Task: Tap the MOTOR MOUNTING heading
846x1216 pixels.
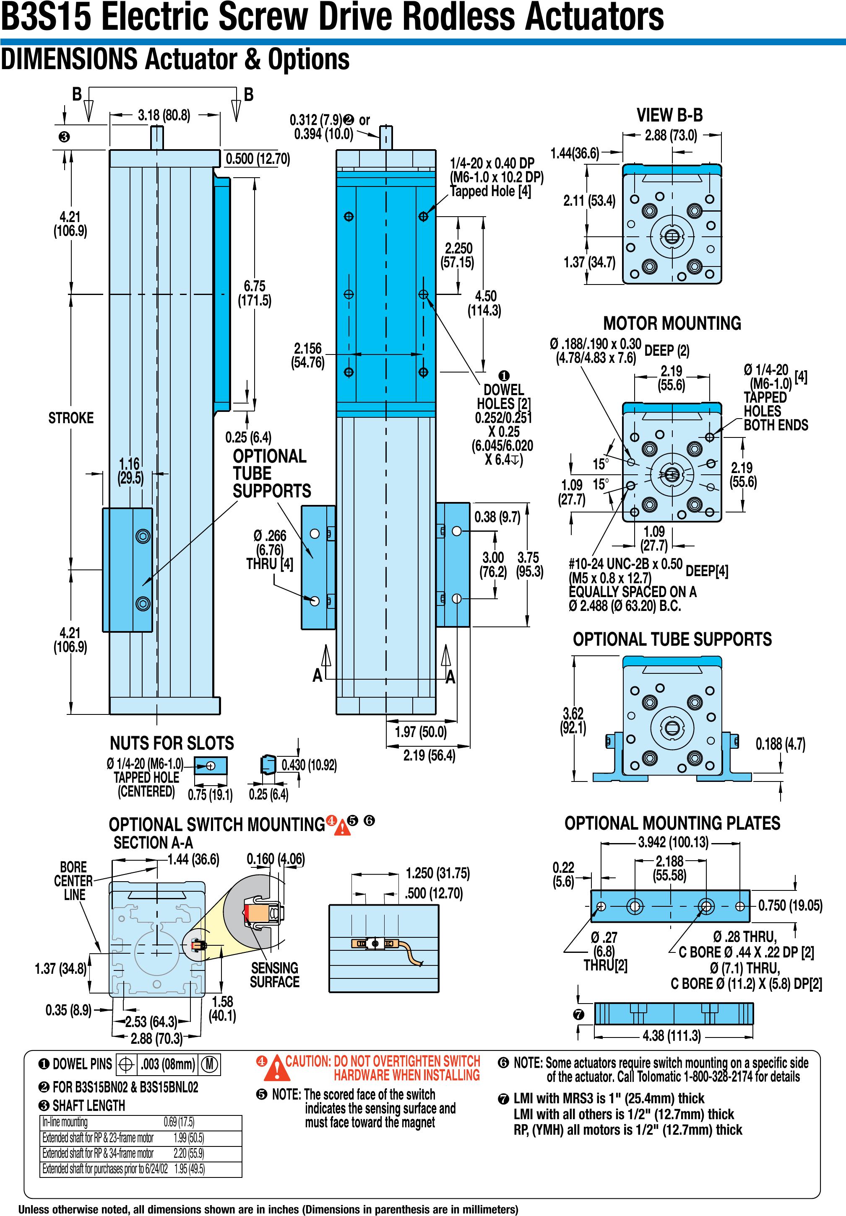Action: tap(672, 323)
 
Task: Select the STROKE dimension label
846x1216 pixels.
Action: tap(71, 418)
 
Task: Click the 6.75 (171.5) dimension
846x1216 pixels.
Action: tap(255, 293)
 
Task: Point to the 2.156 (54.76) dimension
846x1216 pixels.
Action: tap(308, 355)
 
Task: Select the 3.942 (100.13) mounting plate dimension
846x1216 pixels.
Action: tap(673, 843)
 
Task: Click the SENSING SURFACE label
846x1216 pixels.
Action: tap(275, 975)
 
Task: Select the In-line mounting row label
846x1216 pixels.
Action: tap(65, 1122)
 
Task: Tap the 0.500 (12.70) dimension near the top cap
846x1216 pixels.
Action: tap(258, 159)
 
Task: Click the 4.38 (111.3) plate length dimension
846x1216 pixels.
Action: tap(672, 1036)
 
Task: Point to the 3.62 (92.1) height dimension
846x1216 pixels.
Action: tap(573, 720)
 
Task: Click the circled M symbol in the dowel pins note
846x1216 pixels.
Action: tap(209, 1064)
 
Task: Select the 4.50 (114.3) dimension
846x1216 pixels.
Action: tap(484, 303)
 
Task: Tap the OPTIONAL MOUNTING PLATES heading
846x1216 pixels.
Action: tap(672, 823)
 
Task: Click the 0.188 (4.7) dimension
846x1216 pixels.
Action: tap(780, 744)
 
